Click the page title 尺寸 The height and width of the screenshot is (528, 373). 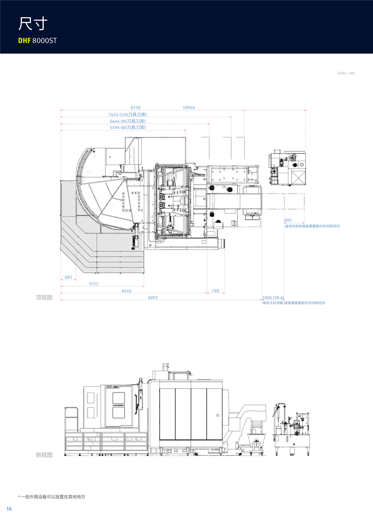tap(33, 24)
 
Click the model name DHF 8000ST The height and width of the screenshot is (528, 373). tap(37, 40)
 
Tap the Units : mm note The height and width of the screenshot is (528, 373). tap(346, 73)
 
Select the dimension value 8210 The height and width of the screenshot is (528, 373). tap(135, 108)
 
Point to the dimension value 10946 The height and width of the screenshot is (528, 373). tap(189, 108)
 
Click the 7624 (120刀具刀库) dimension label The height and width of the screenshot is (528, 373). tap(127, 115)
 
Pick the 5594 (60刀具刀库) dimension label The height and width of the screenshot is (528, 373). tap(127, 127)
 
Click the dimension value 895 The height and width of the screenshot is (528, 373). tap(288, 220)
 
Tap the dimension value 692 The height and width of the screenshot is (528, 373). tap(68, 277)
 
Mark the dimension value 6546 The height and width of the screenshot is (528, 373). tap(126, 291)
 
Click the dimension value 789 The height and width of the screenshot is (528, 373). tap(215, 291)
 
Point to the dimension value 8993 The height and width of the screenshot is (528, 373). tap(152, 298)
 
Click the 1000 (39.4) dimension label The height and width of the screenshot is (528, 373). tap(273, 298)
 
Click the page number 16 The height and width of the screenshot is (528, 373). tap(9, 509)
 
